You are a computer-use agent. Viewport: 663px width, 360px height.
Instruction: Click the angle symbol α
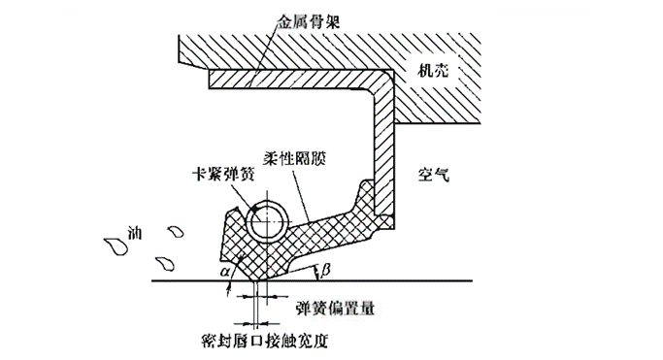227,273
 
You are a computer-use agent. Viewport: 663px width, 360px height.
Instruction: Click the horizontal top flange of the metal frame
291,76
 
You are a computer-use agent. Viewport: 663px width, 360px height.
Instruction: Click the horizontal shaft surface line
408,281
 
